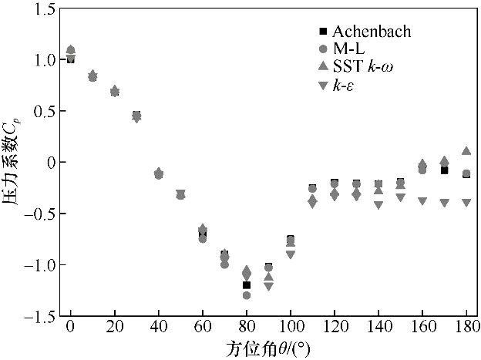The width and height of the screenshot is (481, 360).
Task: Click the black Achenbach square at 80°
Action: (x=247, y=285)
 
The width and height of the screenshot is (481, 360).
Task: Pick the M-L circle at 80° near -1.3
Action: (x=247, y=295)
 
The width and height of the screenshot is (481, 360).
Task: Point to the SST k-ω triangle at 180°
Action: (x=466, y=151)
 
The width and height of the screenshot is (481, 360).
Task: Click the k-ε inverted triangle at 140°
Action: (x=378, y=205)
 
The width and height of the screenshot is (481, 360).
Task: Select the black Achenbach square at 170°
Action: (x=445, y=170)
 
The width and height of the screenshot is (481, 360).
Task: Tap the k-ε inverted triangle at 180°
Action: (x=466, y=203)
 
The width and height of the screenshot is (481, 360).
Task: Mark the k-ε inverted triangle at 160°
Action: (x=422, y=201)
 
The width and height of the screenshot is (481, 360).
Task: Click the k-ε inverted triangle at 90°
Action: (x=269, y=286)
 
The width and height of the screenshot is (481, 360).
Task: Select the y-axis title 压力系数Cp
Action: (x=12, y=163)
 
